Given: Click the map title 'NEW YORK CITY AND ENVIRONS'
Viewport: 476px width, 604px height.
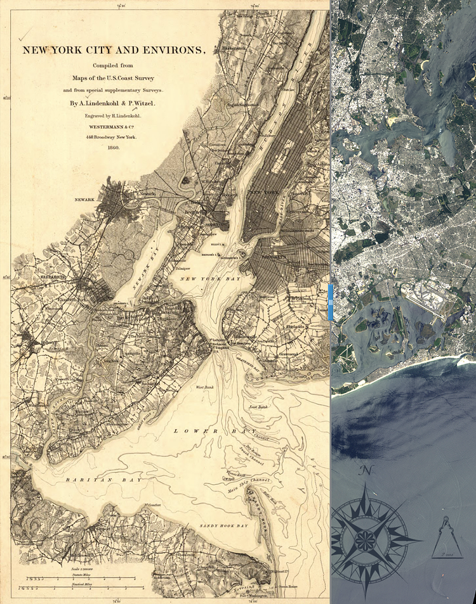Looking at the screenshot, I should [x=114, y=50].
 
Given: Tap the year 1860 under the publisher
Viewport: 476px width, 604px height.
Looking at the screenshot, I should [x=114, y=148].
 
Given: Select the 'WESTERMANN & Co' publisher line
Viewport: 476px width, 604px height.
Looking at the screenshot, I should [x=114, y=127].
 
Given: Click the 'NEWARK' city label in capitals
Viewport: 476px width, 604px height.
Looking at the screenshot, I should [x=84, y=200].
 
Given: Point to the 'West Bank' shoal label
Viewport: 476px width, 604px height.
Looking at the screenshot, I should [x=204, y=387].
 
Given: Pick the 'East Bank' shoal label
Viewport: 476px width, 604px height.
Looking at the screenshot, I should [x=258, y=406].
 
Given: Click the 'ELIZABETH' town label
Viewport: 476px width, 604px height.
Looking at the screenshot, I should [x=36, y=277].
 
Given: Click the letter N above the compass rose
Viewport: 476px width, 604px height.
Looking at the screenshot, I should [x=365, y=470].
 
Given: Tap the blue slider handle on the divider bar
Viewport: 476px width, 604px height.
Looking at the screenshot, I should [x=330, y=302].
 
